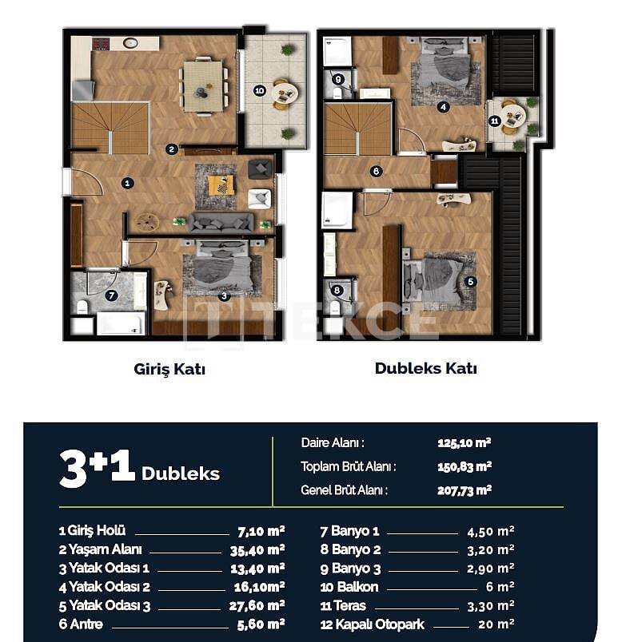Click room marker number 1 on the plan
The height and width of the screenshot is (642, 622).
coord(127,183)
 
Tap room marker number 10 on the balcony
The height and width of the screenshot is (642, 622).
coord(259,91)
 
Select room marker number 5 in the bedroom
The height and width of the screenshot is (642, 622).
coord(470,281)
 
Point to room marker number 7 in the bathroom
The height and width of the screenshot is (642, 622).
coord(111,295)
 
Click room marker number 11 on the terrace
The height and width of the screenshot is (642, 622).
coord(494,121)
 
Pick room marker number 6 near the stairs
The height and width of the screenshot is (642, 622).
coord(376,170)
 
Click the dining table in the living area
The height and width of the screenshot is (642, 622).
coord(204,86)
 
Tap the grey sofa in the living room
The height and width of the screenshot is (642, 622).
coord(221,222)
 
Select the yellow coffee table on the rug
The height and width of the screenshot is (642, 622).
coord(221,185)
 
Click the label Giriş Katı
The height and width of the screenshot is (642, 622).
coord(169,370)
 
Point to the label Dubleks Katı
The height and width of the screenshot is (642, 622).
coord(425,368)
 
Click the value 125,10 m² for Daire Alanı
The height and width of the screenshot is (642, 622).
coord(464,442)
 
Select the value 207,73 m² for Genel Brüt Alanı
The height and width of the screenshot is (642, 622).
coord(464,490)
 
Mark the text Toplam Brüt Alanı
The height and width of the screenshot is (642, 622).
coord(349,466)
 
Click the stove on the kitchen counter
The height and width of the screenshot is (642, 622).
coord(100,44)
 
